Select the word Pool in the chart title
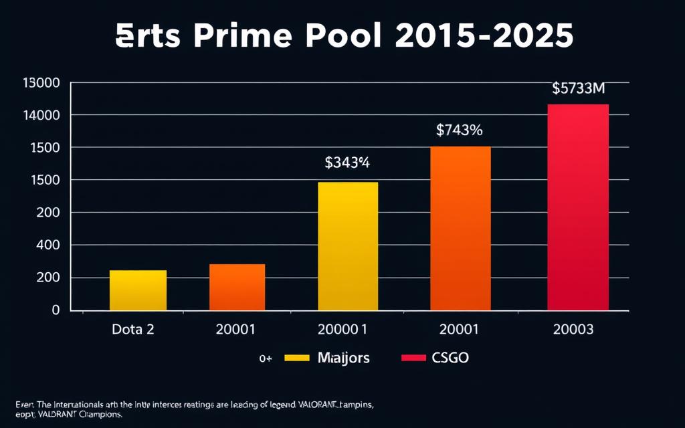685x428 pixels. (342, 37)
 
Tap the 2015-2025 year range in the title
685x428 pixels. (484, 37)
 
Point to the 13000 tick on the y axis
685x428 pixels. (41, 84)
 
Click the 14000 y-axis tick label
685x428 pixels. (41, 116)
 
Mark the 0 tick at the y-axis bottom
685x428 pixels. (56, 310)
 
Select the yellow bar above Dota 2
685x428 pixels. (138, 290)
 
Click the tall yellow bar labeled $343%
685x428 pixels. (348, 246)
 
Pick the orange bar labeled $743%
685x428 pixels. (460, 228)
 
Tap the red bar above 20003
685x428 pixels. (578, 207)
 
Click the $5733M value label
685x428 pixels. (579, 88)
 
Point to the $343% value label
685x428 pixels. (347, 162)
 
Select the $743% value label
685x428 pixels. (459, 130)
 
